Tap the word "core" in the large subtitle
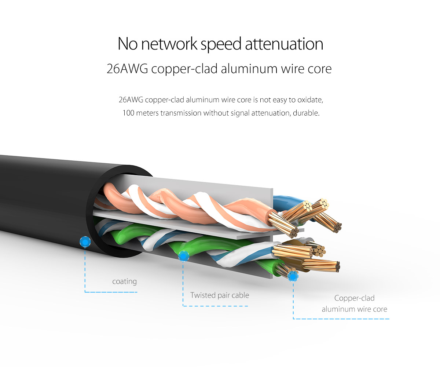[x=319, y=69]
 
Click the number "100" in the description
[x=128, y=113]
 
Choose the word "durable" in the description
[x=307, y=113]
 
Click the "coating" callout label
[x=124, y=281]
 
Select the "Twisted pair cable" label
[x=220, y=295]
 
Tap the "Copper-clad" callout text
[x=354, y=298]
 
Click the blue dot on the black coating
[x=85, y=242]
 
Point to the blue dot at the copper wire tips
[x=293, y=276]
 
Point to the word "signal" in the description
[x=240, y=113]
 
